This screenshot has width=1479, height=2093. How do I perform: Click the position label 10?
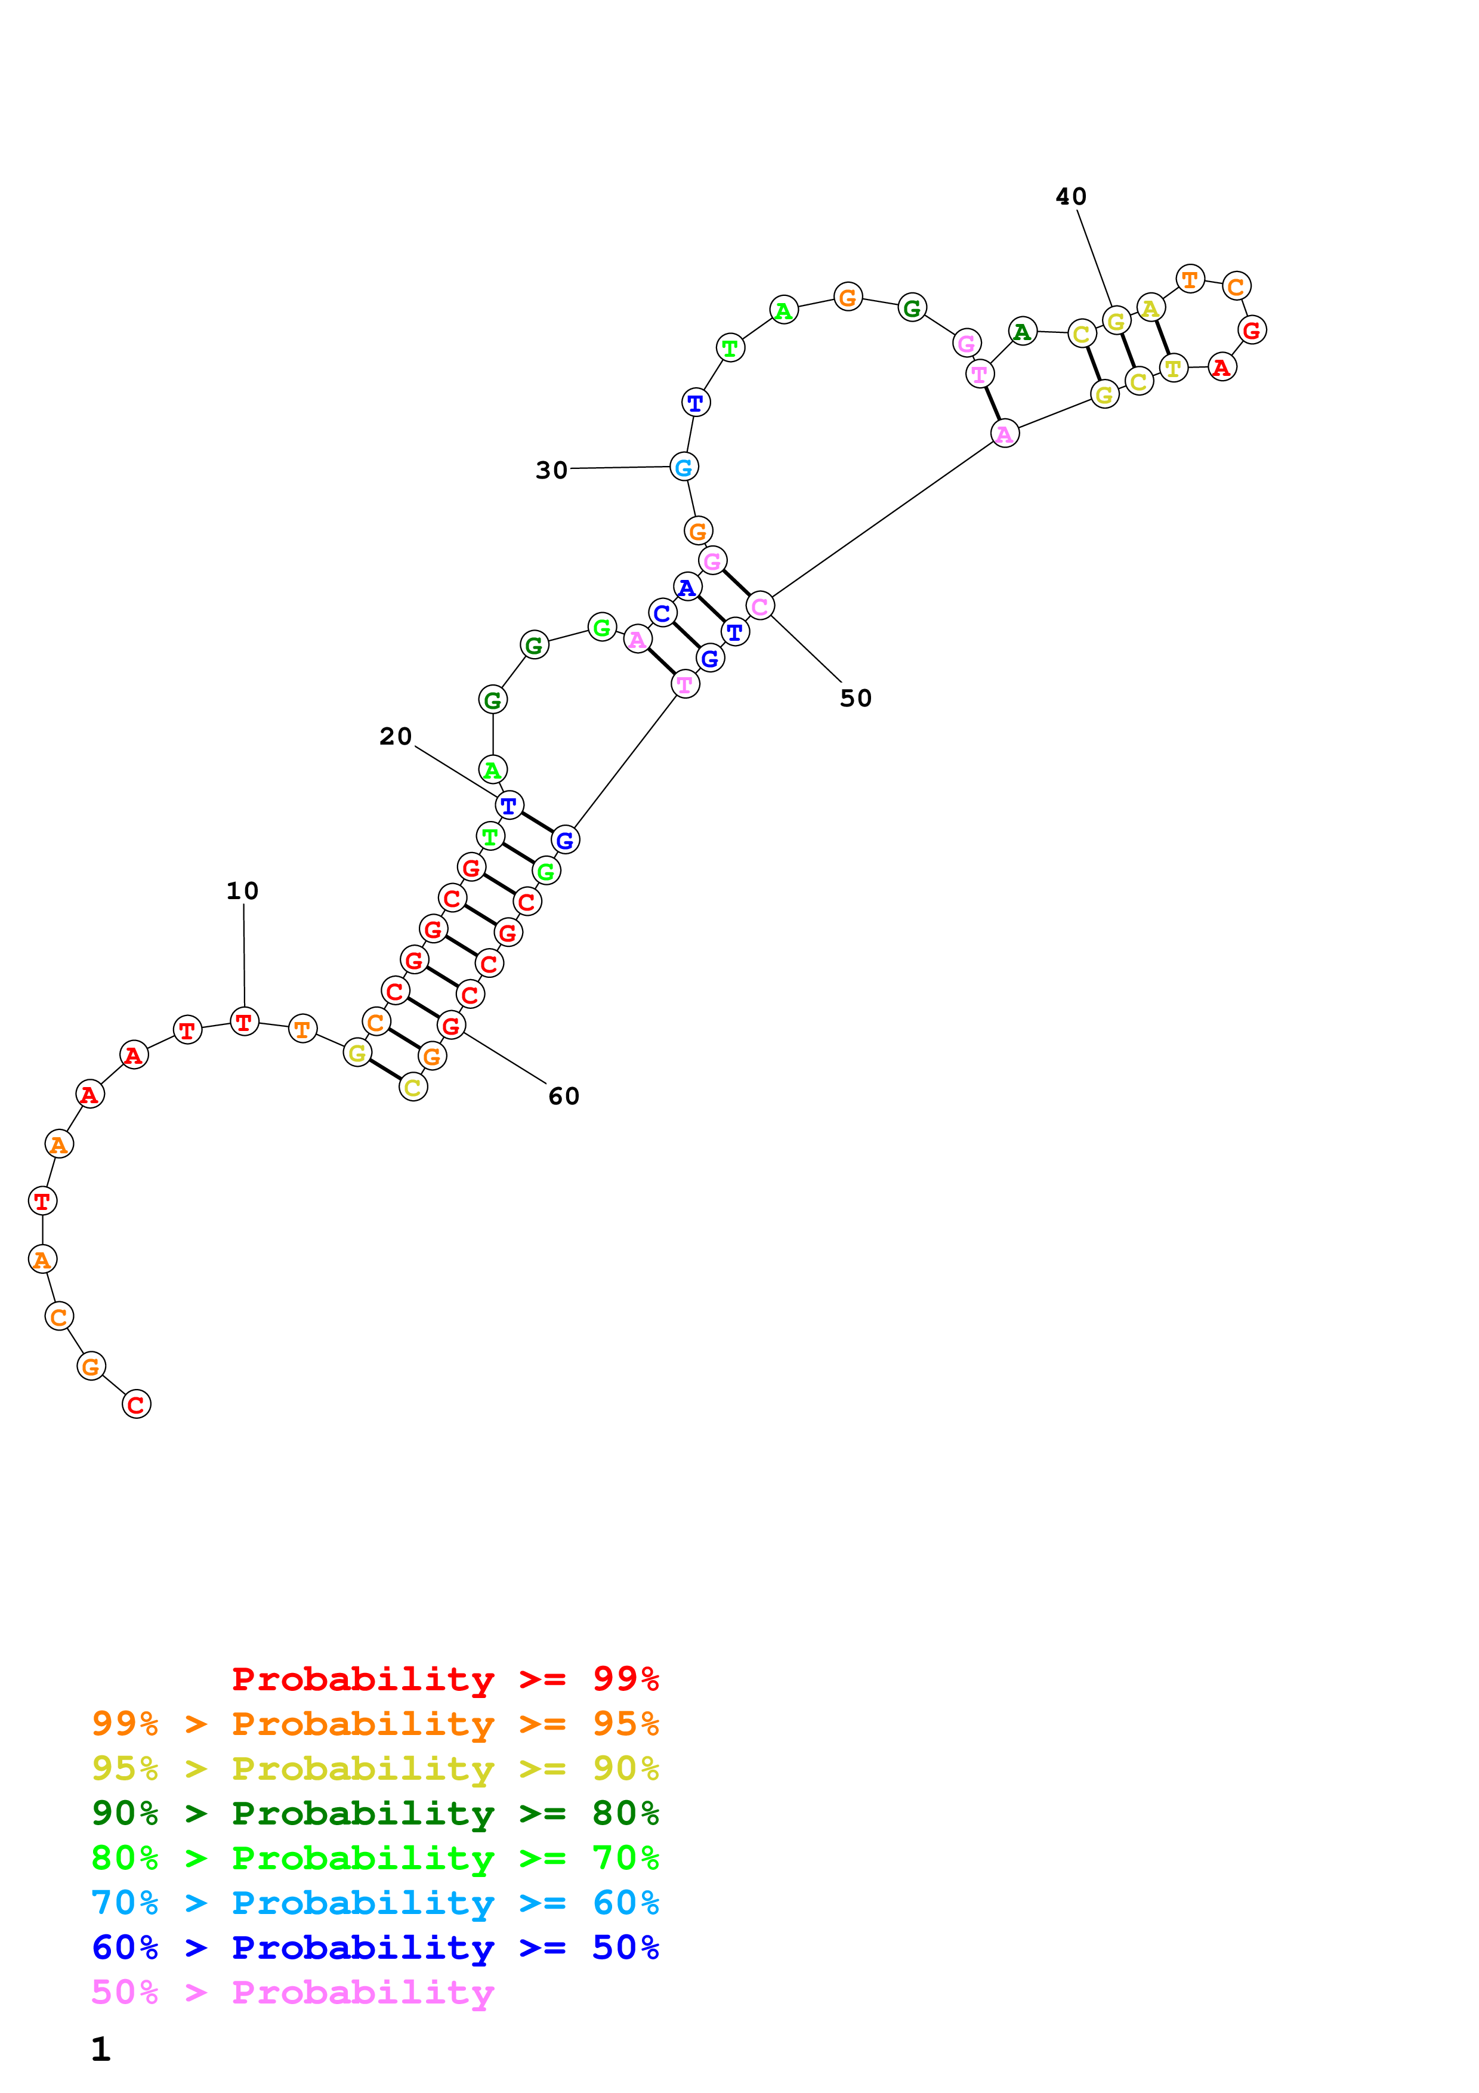click(x=242, y=891)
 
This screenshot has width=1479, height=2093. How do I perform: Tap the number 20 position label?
click(x=396, y=737)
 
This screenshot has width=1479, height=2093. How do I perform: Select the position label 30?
click(x=551, y=470)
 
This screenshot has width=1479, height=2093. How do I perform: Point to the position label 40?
click(x=1071, y=197)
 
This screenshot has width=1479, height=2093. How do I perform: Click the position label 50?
click(x=856, y=698)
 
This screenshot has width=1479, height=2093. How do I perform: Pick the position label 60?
click(x=564, y=1096)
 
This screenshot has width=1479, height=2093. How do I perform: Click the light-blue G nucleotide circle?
click(x=684, y=467)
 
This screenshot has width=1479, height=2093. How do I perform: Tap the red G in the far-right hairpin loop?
click(x=1252, y=330)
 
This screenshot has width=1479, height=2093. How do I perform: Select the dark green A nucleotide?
click(x=1023, y=332)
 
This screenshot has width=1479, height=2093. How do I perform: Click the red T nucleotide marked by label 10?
click(x=244, y=1022)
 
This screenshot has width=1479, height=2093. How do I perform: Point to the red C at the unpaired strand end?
click(x=136, y=1404)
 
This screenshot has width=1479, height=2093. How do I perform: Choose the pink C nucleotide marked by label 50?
click(x=760, y=606)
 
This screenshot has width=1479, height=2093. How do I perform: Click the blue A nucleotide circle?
click(x=687, y=587)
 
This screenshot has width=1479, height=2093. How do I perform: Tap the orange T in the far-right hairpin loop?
click(x=1190, y=279)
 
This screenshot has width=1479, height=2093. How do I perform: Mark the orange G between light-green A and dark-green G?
click(x=847, y=297)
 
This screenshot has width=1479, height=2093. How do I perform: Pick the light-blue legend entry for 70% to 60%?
click(x=375, y=1903)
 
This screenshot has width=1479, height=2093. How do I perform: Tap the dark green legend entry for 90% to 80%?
click(x=375, y=1813)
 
